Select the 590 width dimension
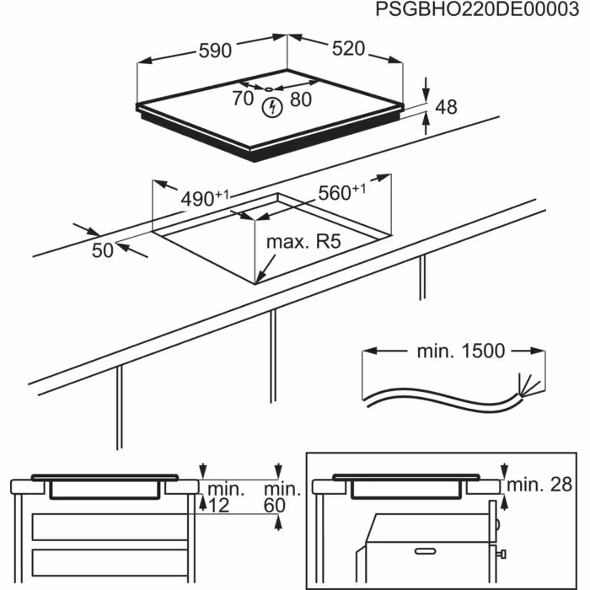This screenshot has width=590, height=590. (x=216, y=51)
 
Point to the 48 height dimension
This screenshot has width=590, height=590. (x=447, y=107)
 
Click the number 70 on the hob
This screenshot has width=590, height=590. (x=242, y=99)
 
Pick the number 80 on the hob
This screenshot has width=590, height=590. (x=300, y=99)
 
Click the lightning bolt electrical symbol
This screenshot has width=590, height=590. (x=271, y=108)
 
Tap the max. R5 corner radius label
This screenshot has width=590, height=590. (x=303, y=243)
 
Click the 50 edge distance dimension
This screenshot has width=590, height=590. (x=103, y=249)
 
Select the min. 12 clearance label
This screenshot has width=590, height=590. (x=225, y=496)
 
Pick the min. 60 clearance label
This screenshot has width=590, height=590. (x=282, y=496)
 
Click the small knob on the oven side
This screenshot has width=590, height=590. (x=501, y=554)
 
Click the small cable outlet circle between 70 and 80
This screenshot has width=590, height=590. (x=267, y=88)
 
